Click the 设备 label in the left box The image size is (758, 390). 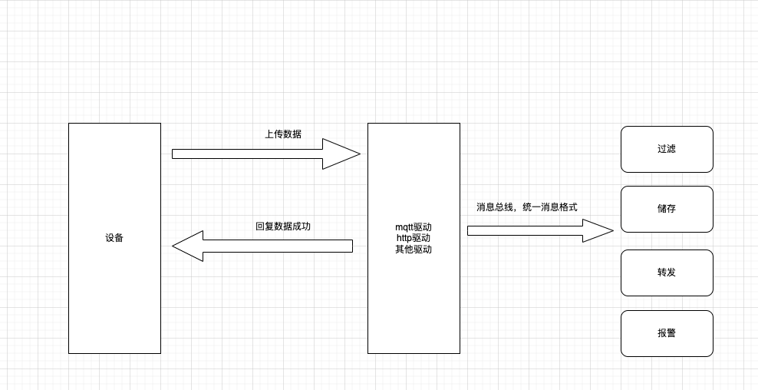(114, 238)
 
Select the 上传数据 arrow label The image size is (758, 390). (283, 134)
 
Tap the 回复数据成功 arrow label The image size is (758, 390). (283, 226)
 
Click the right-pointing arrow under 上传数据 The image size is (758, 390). (253, 154)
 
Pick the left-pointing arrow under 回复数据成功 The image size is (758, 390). (269, 246)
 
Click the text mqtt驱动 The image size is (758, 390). (414, 227)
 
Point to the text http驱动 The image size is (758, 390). (414, 238)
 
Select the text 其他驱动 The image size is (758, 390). (414, 250)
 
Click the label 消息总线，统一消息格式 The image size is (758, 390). (526, 207)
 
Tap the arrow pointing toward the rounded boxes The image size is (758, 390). (529, 230)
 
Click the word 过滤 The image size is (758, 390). (667, 149)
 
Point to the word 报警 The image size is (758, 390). (667, 333)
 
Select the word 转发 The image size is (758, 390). (667, 273)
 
